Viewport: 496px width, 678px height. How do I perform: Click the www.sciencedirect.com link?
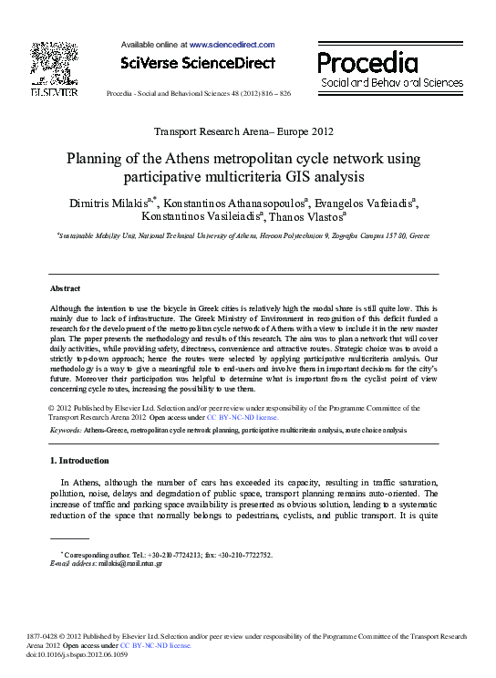232,44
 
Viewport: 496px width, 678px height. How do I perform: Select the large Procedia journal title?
367,62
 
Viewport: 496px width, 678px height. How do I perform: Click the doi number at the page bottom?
77,654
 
